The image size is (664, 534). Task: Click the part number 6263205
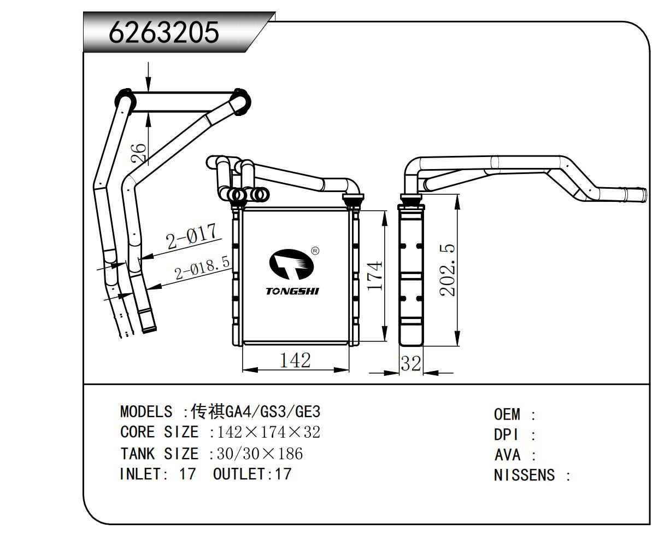[x=164, y=33]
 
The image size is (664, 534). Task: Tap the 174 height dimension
[x=375, y=276]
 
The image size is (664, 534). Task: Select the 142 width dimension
[x=295, y=360]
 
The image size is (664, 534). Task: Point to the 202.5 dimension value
[x=448, y=271]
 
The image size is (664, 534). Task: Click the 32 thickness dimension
[x=411, y=363]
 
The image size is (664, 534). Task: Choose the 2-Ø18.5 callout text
[x=202, y=268]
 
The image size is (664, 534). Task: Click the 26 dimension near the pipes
[x=139, y=153]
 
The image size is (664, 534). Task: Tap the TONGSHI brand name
[x=292, y=291]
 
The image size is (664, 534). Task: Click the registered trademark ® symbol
[x=315, y=251]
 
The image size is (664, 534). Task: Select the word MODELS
[x=146, y=411]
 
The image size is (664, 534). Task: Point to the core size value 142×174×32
[x=269, y=432]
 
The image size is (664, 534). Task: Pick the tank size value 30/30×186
[x=260, y=454]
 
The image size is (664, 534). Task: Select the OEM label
[x=507, y=414]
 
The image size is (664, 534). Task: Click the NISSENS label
[x=524, y=475]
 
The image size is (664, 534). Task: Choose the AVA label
[x=507, y=455]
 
